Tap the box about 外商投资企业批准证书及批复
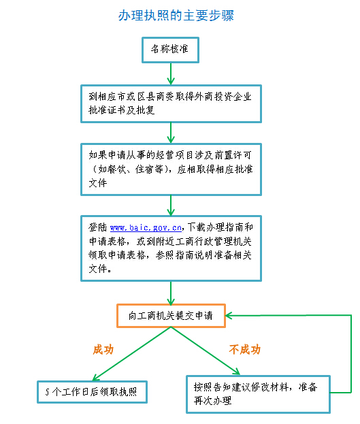coord(170,103)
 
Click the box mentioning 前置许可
coord(170,165)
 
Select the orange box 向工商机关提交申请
coord(170,316)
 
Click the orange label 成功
coord(103,349)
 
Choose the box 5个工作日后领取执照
coord(92,391)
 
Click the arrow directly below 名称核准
coord(170,72)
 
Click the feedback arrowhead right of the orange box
coord(231,316)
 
